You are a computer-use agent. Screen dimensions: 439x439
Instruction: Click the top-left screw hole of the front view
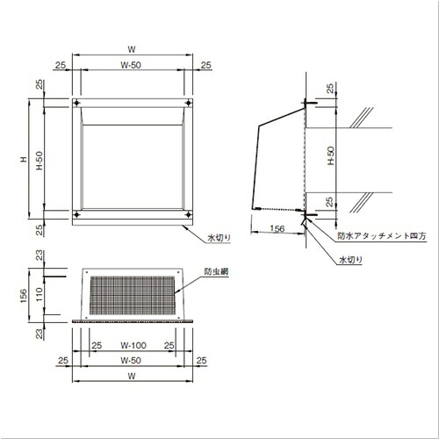click(x=76, y=103)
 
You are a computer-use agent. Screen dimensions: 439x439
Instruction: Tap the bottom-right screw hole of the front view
click(x=189, y=215)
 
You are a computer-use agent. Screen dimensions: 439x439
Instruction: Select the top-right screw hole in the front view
click(x=189, y=103)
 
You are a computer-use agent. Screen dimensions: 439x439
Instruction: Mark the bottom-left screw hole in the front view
click(x=76, y=215)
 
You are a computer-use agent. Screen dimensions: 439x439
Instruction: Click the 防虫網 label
click(x=216, y=271)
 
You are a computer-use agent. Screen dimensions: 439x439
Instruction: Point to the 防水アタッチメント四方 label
click(x=382, y=236)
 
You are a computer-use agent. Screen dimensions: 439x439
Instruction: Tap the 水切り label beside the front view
click(x=219, y=238)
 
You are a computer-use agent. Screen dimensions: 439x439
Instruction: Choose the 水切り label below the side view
click(x=350, y=260)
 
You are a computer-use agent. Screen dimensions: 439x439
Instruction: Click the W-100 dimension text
click(x=133, y=345)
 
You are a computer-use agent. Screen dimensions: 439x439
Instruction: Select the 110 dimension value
click(x=40, y=294)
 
